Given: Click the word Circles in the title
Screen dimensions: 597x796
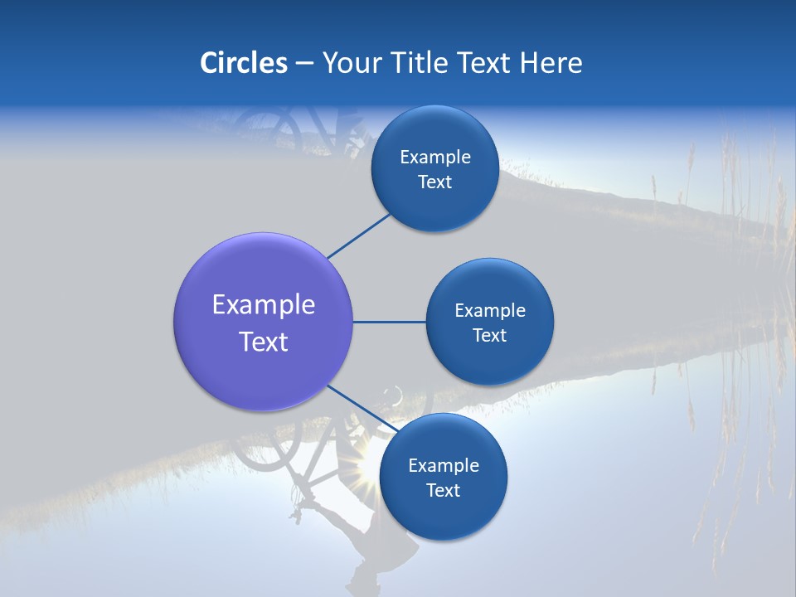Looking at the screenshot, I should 243,63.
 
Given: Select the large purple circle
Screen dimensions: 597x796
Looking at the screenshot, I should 263,323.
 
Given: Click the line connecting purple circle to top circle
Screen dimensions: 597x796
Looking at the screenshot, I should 358,235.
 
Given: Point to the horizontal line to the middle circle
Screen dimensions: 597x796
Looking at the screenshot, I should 389,322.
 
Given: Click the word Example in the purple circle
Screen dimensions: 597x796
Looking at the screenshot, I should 263,305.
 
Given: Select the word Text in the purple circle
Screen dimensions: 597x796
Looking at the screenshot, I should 263,342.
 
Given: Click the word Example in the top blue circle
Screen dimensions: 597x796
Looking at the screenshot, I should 434,158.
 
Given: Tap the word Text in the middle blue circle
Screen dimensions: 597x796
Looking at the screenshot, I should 489,336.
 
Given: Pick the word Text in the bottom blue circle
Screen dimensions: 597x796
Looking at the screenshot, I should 443,491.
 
